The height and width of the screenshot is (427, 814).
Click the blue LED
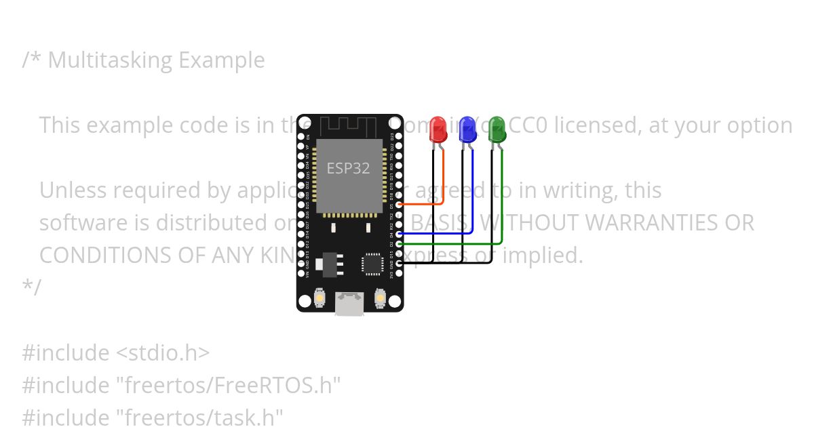click(x=467, y=129)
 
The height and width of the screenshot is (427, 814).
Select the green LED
click(x=497, y=129)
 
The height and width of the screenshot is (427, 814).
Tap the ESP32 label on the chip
click(x=349, y=168)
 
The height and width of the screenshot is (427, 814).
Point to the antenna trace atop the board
click(x=349, y=125)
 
